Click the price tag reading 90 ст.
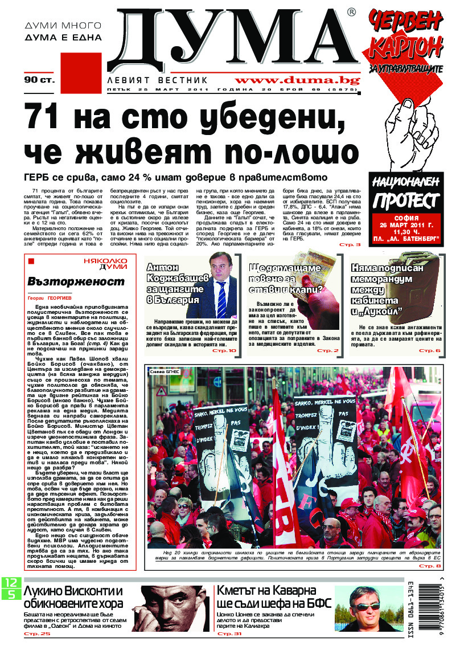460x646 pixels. tap(39, 80)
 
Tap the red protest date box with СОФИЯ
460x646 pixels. tap(406, 229)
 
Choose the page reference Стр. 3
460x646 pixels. tap(350, 244)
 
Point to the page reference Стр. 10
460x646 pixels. tap(224, 350)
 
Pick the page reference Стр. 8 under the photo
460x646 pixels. tap(430, 566)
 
